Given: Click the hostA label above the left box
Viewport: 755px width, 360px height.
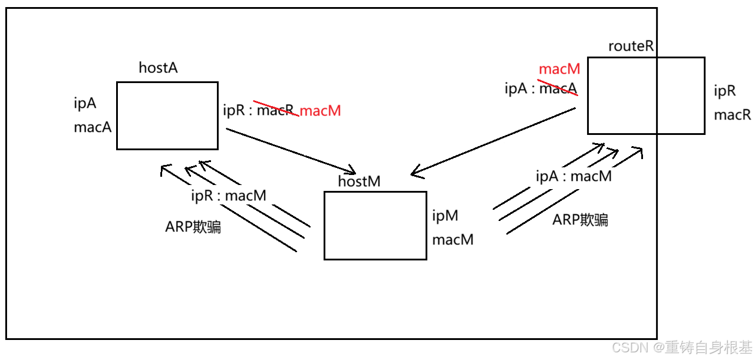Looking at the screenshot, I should (158, 68).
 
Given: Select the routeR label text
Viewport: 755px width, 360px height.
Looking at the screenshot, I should (631, 47).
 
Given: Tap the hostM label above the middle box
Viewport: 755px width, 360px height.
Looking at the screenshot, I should (359, 181).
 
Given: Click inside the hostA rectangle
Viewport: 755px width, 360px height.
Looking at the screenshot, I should (167, 115).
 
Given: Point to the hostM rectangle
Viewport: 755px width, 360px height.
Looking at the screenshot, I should (375, 225).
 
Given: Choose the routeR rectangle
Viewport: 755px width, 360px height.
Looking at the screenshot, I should (645, 95).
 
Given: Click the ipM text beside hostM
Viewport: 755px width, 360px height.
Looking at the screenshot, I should (445, 216).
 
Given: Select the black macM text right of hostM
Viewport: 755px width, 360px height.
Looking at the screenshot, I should (453, 240).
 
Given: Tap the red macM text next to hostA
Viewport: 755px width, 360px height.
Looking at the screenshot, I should (321, 111).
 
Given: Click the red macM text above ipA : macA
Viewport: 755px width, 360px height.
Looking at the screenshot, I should (559, 69).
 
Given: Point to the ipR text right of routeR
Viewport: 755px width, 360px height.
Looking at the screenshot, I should (724, 91).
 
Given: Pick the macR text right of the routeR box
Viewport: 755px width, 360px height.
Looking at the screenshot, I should (732, 115).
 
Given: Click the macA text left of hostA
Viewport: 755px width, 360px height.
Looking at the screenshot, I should (93, 127).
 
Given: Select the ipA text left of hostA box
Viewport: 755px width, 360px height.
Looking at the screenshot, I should (85, 104).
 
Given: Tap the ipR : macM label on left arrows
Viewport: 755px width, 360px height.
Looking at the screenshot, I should (228, 196).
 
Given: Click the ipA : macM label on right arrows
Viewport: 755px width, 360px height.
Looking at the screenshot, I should (573, 176).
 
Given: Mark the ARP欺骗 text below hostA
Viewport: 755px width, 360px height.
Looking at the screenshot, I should (193, 227).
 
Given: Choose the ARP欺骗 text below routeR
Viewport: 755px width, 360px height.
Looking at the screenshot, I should (580, 220).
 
